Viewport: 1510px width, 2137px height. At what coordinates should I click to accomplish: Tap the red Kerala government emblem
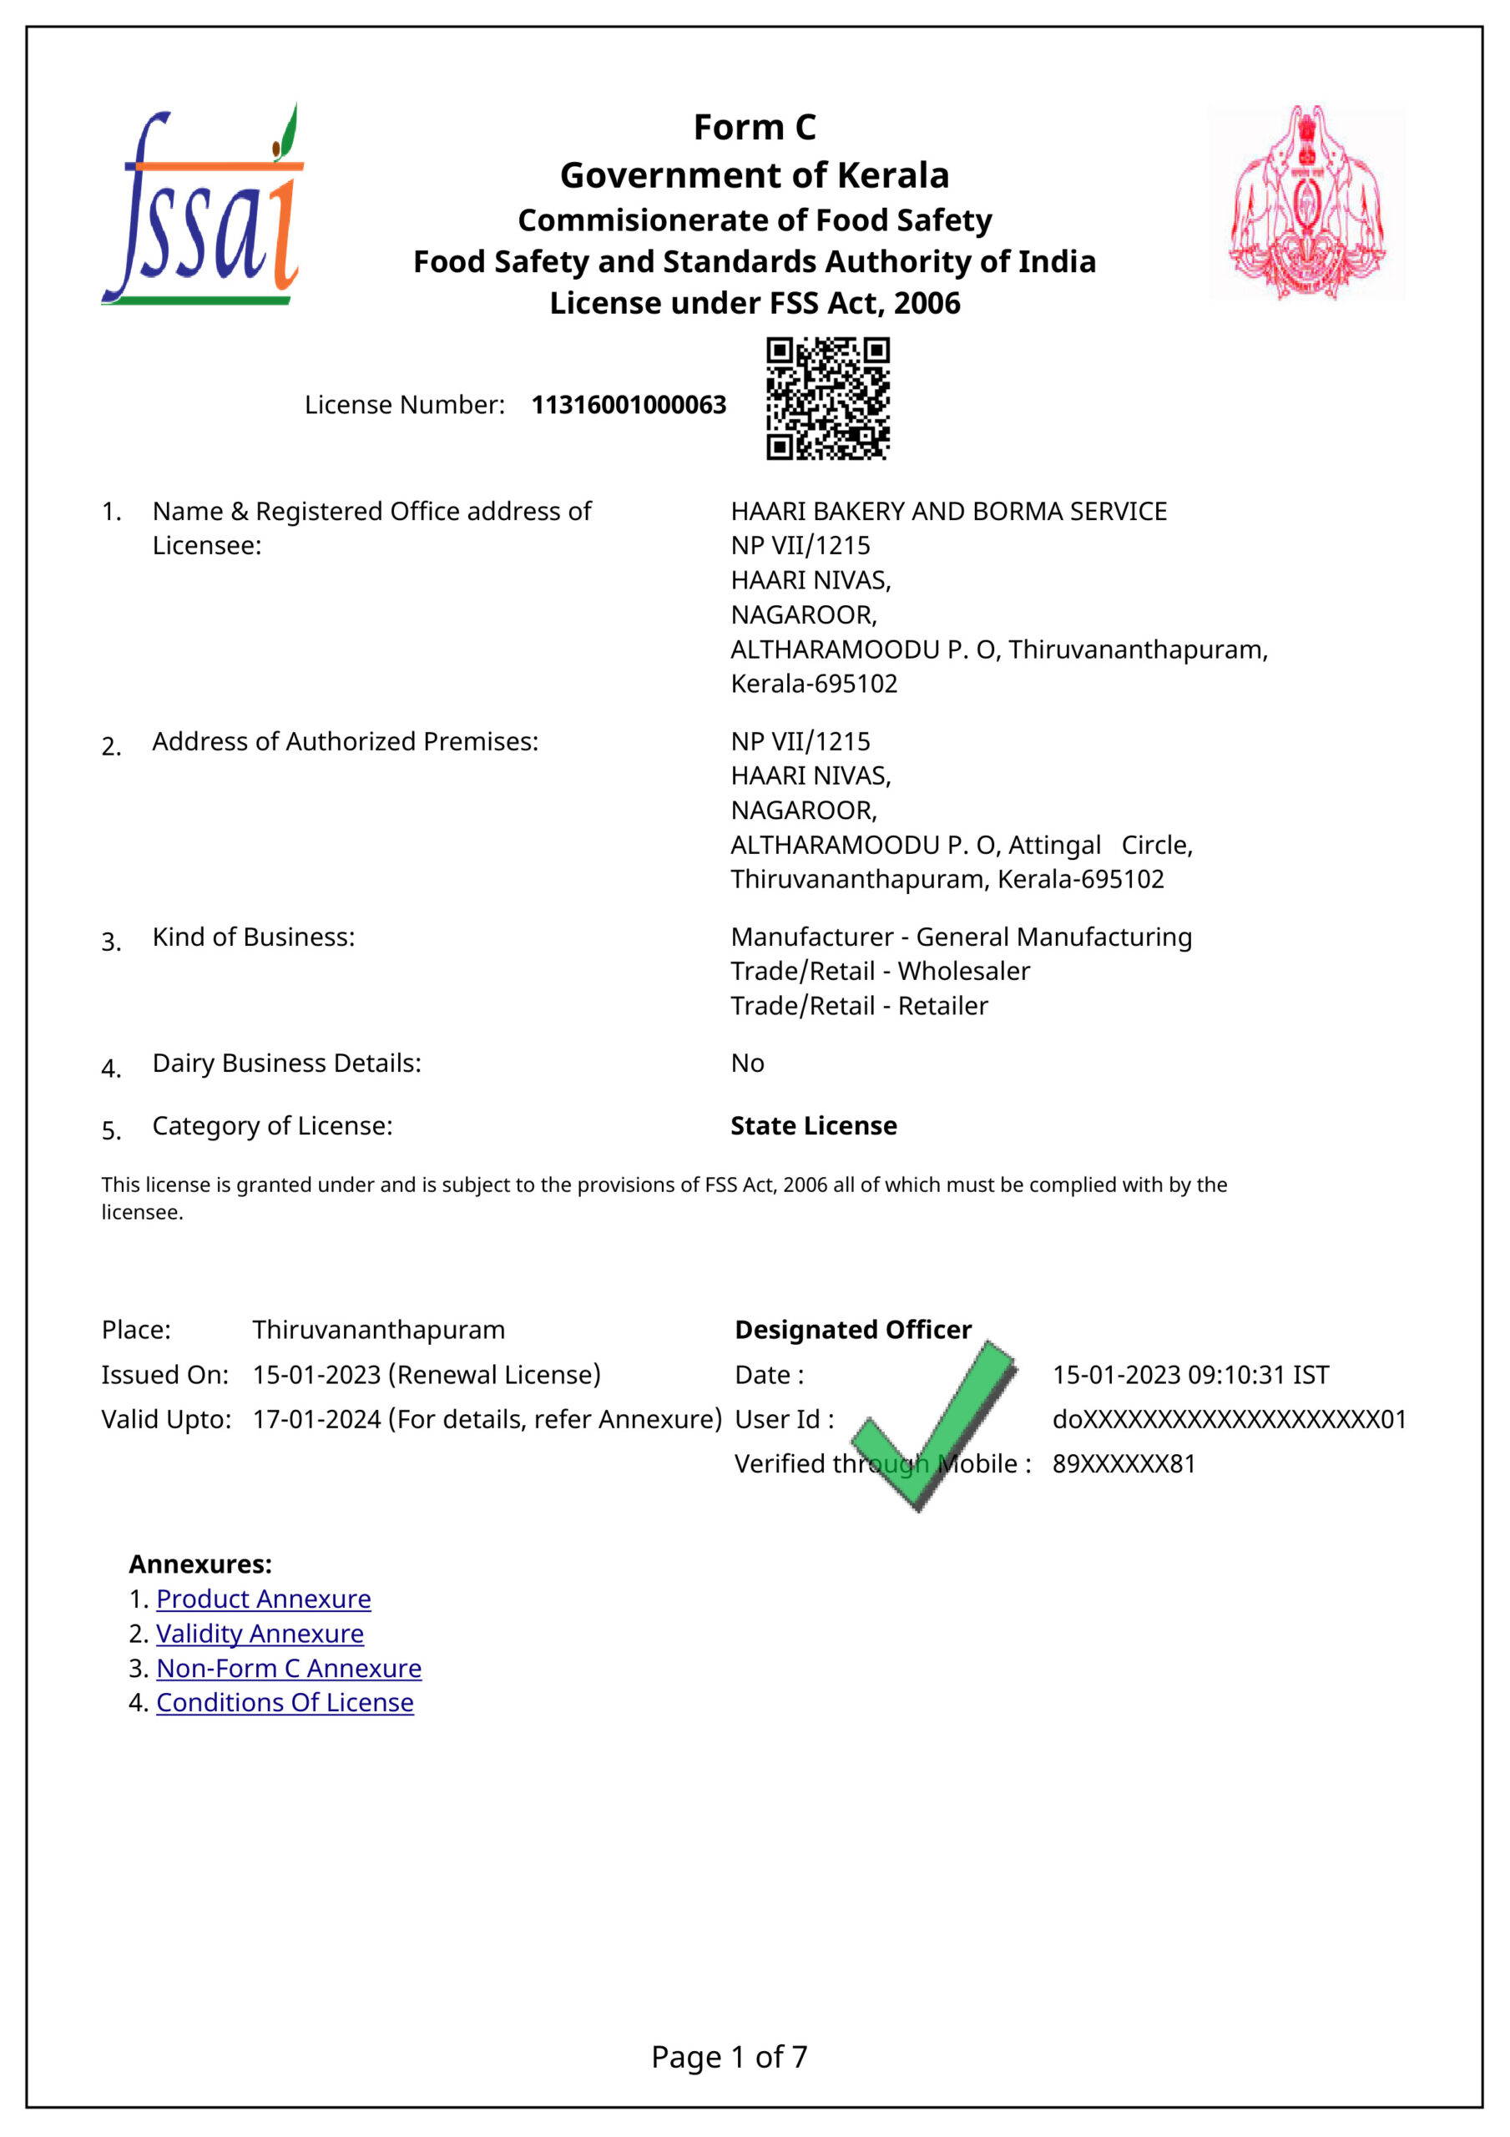click(x=1306, y=202)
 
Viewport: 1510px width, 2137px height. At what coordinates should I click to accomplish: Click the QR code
click(x=827, y=398)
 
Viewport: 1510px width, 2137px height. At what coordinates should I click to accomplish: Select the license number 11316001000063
click(x=629, y=405)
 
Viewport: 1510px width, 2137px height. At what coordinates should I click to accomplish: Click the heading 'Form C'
click(x=754, y=128)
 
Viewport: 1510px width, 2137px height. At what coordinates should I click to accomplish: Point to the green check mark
click(x=934, y=1425)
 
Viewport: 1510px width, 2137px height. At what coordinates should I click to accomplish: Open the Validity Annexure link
click(x=260, y=1634)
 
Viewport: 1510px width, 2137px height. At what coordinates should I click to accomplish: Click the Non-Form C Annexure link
click(x=289, y=1668)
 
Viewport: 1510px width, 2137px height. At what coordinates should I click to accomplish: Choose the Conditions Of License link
click(x=285, y=1702)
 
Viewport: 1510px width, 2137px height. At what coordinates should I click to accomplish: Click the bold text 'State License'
click(x=814, y=1125)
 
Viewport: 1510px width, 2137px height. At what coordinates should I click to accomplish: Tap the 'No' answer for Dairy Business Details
click(x=748, y=1063)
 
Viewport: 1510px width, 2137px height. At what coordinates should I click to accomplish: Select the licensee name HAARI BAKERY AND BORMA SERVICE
click(x=948, y=511)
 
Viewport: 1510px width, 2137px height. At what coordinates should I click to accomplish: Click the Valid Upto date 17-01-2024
click(x=316, y=1418)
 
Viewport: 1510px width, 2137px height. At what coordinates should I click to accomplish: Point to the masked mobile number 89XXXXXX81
click(x=1124, y=1463)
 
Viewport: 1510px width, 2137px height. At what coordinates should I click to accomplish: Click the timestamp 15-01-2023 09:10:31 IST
click(x=1190, y=1375)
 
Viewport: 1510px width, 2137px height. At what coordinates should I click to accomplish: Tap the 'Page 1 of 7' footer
click(x=729, y=2056)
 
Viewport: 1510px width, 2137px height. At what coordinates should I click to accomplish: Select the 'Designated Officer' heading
click(x=853, y=1329)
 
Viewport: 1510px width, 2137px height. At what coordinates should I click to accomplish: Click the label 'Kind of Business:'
click(x=253, y=937)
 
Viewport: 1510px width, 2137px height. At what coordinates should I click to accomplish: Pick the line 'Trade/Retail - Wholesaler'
click(x=880, y=971)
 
